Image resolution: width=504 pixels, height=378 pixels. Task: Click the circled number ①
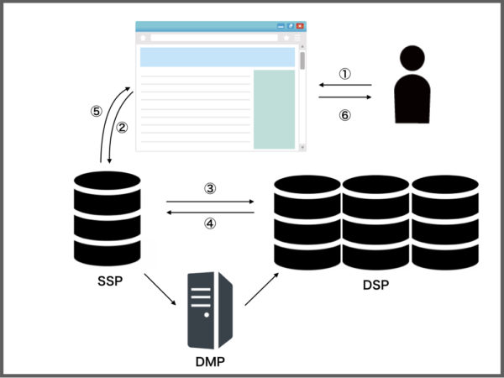pyautogui.click(x=344, y=73)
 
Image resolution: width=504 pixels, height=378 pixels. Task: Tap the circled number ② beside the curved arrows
pyautogui.click(x=122, y=128)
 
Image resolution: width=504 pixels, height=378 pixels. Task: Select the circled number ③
pyautogui.click(x=210, y=189)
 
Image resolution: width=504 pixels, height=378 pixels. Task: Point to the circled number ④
pyautogui.click(x=210, y=224)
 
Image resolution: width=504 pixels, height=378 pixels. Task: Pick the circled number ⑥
pyautogui.click(x=344, y=116)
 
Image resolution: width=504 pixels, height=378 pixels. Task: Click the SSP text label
pyautogui.click(x=107, y=281)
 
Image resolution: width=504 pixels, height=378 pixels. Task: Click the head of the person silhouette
pyautogui.click(x=412, y=59)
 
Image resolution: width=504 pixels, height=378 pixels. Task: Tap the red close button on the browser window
pyautogui.click(x=300, y=27)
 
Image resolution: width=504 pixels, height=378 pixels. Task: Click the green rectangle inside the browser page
pyautogui.click(x=274, y=109)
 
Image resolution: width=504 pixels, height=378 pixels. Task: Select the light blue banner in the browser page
pyautogui.click(x=218, y=57)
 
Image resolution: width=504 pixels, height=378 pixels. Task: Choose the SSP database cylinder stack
pyautogui.click(x=107, y=218)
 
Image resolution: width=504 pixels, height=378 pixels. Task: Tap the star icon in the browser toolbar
pyautogui.click(x=286, y=39)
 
